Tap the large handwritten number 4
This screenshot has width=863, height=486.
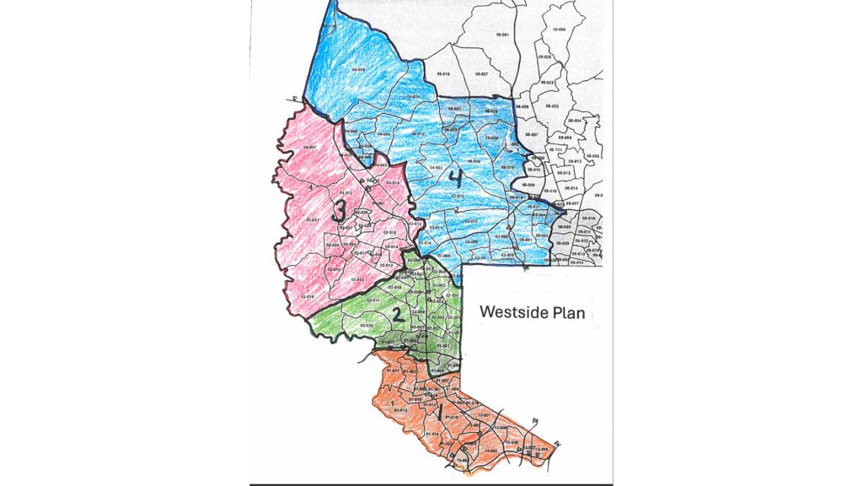[455, 178]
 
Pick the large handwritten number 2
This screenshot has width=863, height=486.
[397, 316]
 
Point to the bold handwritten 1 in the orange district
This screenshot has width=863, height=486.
[439, 413]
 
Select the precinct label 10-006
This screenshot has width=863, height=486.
[558, 30]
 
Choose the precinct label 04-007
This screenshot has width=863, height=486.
[308, 148]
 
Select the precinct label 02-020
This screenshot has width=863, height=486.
[367, 325]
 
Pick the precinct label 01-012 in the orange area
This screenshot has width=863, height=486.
[400, 410]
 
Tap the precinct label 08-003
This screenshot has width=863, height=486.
[553, 106]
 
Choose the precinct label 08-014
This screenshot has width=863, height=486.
[570, 187]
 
